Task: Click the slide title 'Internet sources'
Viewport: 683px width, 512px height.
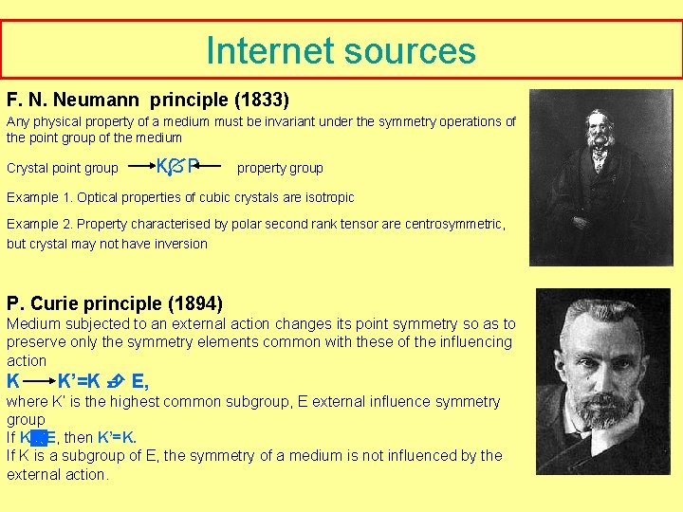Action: [341, 50]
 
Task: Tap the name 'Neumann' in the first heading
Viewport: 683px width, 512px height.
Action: [101, 99]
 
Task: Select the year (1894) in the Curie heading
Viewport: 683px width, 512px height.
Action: [195, 303]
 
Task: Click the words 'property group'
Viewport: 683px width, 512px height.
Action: [280, 168]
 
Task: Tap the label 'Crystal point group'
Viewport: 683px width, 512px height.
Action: [63, 168]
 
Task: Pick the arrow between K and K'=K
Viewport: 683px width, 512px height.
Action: [38, 382]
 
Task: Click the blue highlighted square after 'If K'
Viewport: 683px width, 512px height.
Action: [38, 437]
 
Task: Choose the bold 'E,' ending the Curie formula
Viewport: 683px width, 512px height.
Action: [140, 382]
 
